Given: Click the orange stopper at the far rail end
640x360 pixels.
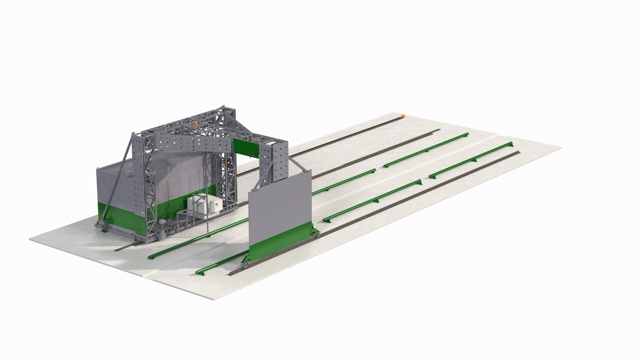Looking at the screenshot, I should coord(403,116).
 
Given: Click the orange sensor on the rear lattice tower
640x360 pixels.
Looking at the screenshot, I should coord(224,162).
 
